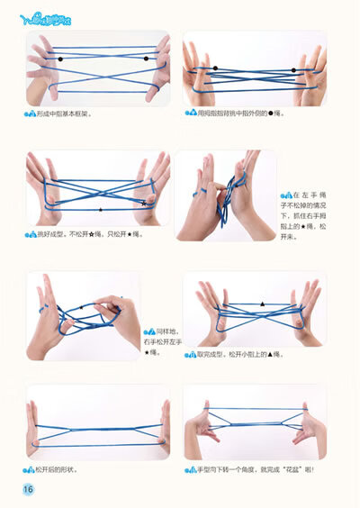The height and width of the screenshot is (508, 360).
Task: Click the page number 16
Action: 28,489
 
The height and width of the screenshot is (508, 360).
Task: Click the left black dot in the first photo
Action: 60,59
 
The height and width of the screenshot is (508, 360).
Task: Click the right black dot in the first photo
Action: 146,59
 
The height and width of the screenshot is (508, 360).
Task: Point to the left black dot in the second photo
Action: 214,68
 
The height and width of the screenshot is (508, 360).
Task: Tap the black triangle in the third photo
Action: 100,209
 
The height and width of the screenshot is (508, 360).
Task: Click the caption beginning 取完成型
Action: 238,355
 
